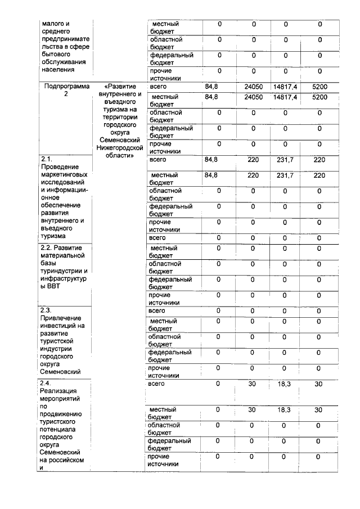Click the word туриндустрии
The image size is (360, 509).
pos(62,271)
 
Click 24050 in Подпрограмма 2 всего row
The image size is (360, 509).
pos(254,87)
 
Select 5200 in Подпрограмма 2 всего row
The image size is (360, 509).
pos(319,87)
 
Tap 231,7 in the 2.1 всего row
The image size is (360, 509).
pos(285,160)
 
